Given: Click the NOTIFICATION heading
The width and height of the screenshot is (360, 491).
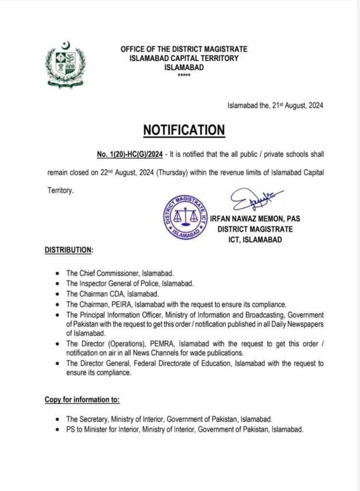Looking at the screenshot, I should point(184,130).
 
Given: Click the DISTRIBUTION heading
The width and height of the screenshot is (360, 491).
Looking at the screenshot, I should point(69,250).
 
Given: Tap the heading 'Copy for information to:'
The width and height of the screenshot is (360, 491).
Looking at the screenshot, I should point(82,399).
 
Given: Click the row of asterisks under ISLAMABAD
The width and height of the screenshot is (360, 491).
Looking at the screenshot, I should point(184,76).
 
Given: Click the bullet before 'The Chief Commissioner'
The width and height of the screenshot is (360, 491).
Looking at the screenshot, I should point(57,274).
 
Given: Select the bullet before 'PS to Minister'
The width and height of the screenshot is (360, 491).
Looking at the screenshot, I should point(57,430).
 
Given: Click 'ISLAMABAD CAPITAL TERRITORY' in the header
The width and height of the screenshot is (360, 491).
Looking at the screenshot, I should point(184,58).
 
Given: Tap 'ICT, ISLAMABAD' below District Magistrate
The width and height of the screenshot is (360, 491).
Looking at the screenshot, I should point(255,239).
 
